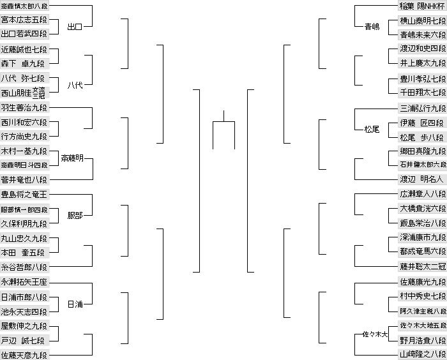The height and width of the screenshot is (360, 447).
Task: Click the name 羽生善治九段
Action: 24,107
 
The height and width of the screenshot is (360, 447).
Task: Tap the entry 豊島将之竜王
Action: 24,194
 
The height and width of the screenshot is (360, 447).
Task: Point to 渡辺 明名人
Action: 421,179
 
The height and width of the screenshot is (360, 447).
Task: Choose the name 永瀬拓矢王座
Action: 24,281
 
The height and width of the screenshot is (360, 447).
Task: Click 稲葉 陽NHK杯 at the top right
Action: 421,6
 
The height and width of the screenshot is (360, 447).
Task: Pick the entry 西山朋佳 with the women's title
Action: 24,93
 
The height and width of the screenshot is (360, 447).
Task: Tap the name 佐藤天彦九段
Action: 24,354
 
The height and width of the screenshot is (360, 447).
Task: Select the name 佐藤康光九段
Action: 421,281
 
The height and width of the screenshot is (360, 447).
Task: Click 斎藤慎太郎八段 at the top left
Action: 24,6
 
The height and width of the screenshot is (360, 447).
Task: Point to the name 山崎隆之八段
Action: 421,354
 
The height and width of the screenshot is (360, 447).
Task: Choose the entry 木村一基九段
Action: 24,151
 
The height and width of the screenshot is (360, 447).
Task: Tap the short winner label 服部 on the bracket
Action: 75,216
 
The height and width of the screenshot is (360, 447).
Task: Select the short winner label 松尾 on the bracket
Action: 372,129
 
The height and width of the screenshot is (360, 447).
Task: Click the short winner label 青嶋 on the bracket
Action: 372,27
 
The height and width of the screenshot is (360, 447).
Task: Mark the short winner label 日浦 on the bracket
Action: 75,304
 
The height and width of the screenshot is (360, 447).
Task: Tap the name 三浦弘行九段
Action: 421,108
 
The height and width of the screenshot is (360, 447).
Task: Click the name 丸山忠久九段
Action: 24,238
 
